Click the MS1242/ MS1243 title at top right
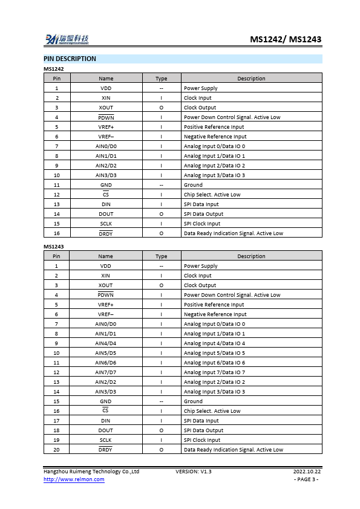click(x=286, y=40)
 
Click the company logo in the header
click(x=67, y=40)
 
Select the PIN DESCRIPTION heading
click(x=70, y=59)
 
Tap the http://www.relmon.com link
click(x=74, y=479)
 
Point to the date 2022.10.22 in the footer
click(x=307, y=472)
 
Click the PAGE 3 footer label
click(x=306, y=479)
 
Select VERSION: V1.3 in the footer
click(x=194, y=472)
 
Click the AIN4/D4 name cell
click(x=106, y=343)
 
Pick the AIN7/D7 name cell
click(x=106, y=372)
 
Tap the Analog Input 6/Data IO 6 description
click(x=214, y=363)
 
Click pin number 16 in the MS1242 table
click(x=57, y=233)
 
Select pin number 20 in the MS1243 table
click(x=57, y=450)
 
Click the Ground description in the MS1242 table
click(x=193, y=185)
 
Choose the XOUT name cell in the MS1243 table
click(x=106, y=285)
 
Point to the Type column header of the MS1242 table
click(x=162, y=79)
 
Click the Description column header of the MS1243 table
click(x=251, y=256)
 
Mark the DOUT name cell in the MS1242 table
click(x=106, y=214)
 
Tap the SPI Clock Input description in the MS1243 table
click(x=202, y=440)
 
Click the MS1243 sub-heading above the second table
click(x=54, y=247)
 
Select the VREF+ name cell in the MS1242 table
click(x=106, y=127)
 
